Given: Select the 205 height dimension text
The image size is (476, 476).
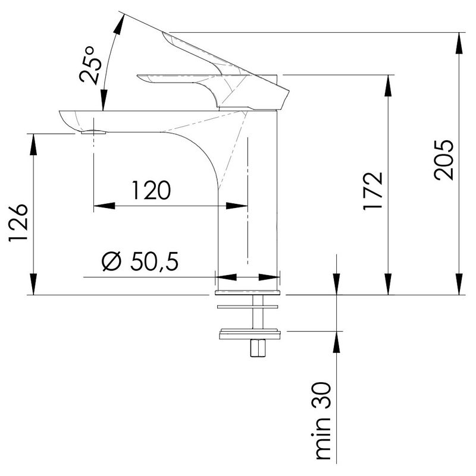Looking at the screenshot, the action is [x=444, y=160].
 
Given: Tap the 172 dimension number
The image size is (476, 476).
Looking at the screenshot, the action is [x=373, y=191].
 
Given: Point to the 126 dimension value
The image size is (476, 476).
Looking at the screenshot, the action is [x=18, y=222].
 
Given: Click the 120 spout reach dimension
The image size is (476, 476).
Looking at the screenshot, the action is [x=151, y=191].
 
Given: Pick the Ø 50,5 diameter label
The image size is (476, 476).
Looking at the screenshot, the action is [x=140, y=261].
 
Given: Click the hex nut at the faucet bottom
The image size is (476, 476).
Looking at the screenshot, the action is [x=257, y=348].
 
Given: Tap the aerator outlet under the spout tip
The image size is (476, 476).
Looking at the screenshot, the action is [x=94, y=132].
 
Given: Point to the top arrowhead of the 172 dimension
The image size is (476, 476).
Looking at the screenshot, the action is [x=388, y=86].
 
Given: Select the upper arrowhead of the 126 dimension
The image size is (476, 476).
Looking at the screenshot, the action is [x=33, y=144].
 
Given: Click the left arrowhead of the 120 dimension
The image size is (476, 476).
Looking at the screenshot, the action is [x=105, y=206].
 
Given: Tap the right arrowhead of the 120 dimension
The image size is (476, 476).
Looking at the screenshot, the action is [x=237, y=206].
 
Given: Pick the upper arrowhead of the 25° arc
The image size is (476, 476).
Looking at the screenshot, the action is [x=120, y=24].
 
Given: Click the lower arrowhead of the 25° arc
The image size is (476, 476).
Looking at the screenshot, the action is [x=104, y=100].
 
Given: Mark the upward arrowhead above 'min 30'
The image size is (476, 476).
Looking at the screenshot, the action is [x=337, y=342].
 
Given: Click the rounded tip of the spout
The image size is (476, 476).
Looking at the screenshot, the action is [x=61, y=114].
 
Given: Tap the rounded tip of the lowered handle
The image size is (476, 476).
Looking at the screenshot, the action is [x=139, y=77].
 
